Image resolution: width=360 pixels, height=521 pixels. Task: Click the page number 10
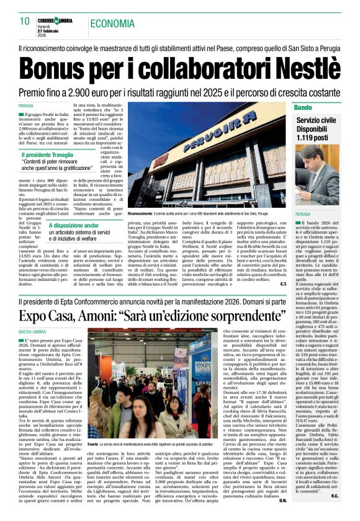pos(24,21)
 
